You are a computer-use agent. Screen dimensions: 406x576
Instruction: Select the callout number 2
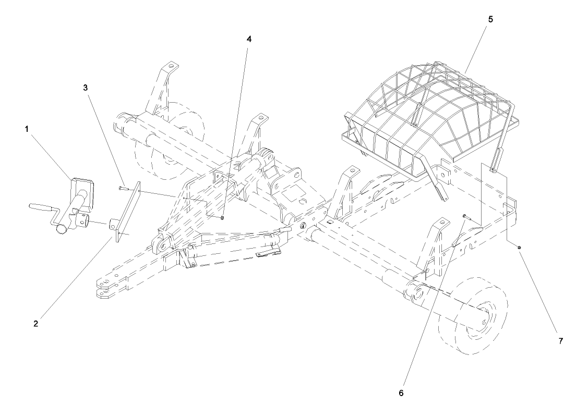35,323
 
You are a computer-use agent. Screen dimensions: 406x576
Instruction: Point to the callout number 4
248,40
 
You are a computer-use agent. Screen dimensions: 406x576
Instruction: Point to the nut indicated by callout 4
223,217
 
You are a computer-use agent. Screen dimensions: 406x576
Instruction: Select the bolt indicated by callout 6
464,216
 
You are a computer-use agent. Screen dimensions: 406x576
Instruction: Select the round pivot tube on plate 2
113,227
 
